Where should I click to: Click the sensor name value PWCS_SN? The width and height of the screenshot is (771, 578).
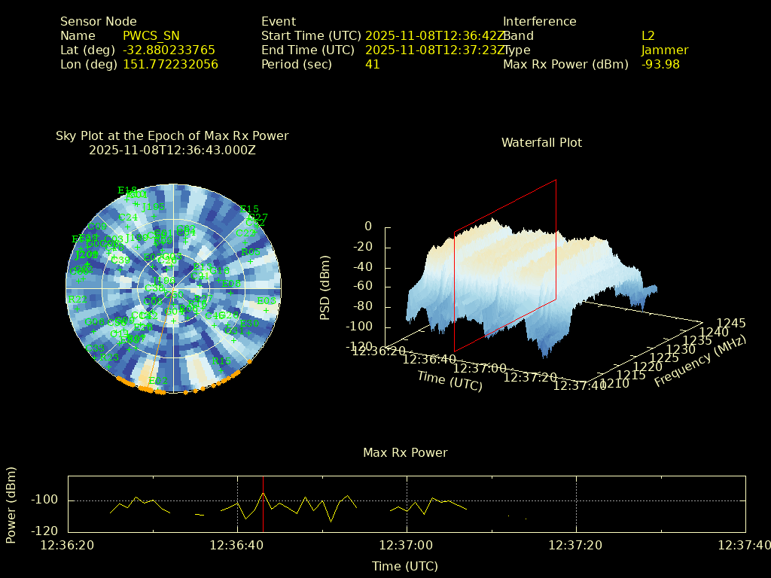(x=151, y=35)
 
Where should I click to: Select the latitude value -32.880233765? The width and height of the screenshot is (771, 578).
(x=169, y=50)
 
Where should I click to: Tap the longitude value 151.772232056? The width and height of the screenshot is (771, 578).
(x=170, y=64)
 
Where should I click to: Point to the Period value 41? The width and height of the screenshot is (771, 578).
(x=373, y=64)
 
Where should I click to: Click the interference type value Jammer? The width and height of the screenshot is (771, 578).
(x=665, y=50)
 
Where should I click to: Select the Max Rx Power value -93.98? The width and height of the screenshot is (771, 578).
(x=660, y=64)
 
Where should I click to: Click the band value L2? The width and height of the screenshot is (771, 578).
(x=648, y=35)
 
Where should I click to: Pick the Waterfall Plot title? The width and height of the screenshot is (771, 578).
(x=541, y=142)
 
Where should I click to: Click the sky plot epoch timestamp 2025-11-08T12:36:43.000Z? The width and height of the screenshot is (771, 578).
(x=172, y=150)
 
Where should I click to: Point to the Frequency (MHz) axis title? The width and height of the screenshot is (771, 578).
(x=700, y=362)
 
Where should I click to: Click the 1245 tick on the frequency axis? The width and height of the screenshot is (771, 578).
(x=731, y=323)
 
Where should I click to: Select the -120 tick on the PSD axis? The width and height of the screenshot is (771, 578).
(x=357, y=347)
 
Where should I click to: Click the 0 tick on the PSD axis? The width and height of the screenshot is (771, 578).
(x=368, y=226)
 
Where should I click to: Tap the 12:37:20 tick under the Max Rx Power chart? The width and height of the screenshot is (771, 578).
(x=576, y=544)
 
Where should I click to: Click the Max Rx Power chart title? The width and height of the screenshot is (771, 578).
(x=405, y=452)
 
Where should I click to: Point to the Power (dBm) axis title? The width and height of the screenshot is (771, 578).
(x=11, y=504)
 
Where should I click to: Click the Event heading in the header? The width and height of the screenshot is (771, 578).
(x=279, y=21)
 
